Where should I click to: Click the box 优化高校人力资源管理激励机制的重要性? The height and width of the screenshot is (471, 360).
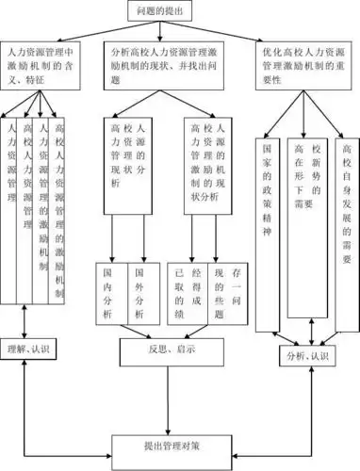(306, 67)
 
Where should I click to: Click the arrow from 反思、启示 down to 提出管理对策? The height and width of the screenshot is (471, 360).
(171, 397)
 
